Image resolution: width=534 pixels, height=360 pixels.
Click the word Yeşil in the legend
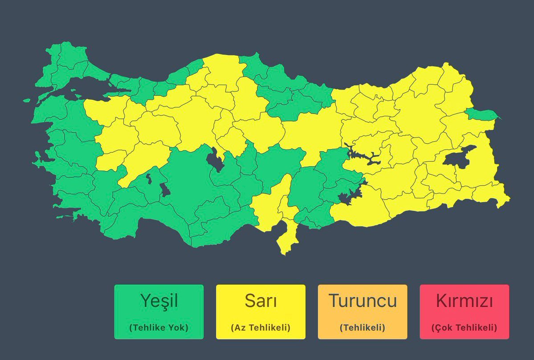[159, 301]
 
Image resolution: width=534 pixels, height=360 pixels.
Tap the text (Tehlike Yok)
[159, 327]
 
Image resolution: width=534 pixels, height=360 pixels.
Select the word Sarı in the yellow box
[261, 301]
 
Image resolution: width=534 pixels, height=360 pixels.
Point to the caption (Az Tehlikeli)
[261, 327]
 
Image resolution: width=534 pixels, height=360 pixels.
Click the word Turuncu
[363, 301]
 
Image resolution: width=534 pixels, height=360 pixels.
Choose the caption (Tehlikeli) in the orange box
[363, 327]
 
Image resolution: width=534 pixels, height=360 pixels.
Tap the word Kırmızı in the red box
[464, 301]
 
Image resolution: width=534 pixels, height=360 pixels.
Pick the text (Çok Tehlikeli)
[464, 327]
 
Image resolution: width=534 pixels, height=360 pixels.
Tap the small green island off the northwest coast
[27, 101]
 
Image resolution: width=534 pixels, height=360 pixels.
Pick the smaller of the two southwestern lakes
[149, 179]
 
